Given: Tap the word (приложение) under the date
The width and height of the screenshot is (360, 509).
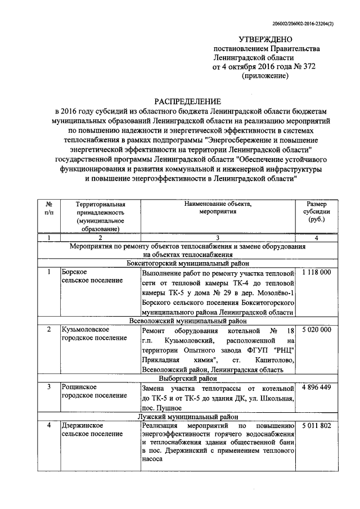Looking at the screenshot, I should tap(264, 75).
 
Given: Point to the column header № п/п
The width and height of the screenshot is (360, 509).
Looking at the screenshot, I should tap(49, 208).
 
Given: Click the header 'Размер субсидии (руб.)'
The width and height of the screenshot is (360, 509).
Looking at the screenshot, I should tap(316, 212).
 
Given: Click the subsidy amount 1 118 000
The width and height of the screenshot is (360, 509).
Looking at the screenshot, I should tap(316, 272).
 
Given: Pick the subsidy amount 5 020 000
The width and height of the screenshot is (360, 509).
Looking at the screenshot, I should tap(316, 329).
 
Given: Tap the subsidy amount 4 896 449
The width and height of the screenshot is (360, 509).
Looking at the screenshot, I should tap(316, 388).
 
